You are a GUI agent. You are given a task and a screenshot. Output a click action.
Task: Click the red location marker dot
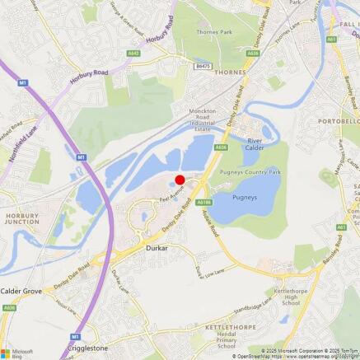(180, 180)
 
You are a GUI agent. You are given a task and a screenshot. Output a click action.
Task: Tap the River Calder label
(259, 144)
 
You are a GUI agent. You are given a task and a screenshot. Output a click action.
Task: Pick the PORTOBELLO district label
(340, 119)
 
